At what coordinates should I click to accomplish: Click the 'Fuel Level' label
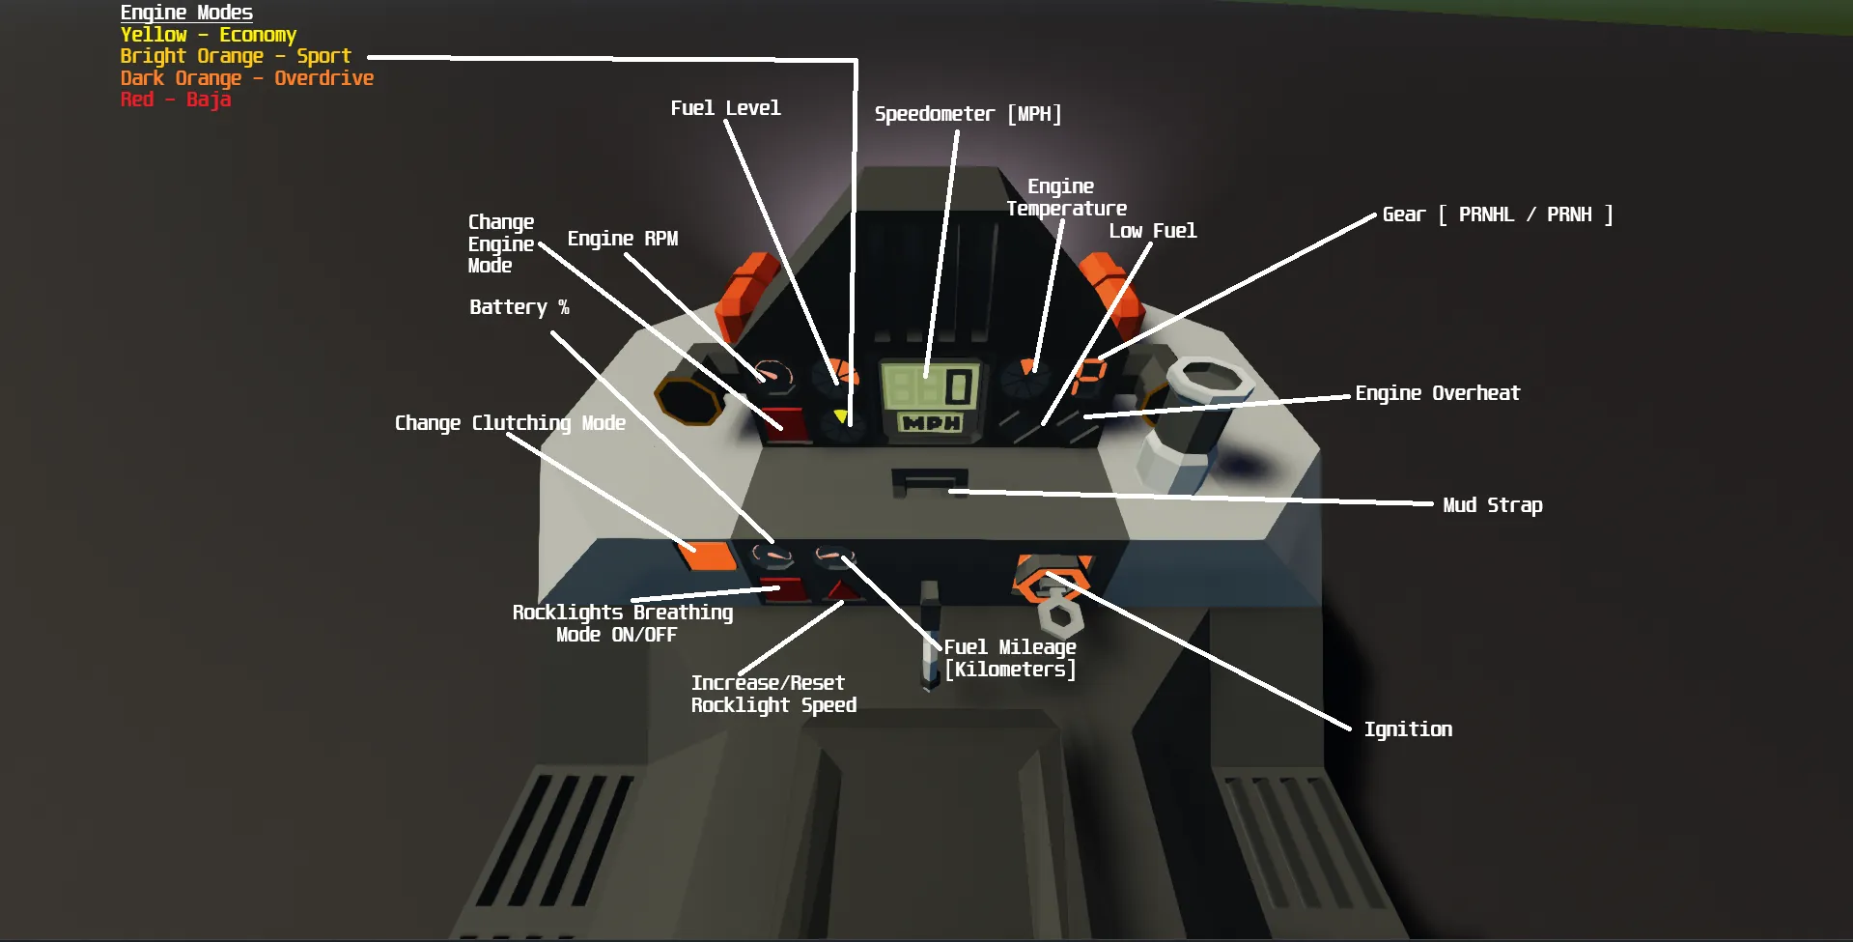click(x=725, y=108)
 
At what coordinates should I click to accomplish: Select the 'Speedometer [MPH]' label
click(x=968, y=114)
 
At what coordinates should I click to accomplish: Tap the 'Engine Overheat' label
click(x=1437, y=393)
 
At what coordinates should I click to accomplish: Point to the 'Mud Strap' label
click(x=1492, y=505)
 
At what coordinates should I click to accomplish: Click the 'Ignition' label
click(x=1407, y=729)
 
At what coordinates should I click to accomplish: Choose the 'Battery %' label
click(x=519, y=307)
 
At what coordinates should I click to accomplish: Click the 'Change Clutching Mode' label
click(x=510, y=423)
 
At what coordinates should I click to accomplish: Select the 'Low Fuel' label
click(x=1152, y=231)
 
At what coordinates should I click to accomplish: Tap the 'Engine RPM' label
click(x=622, y=239)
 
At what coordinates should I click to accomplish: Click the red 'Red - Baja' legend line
click(x=175, y=100)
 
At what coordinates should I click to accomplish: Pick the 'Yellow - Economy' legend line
click(x=208, y=35)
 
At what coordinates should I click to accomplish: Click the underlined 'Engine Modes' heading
click(x=186, y=13)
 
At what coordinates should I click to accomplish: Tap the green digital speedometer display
click(x=930, y=386)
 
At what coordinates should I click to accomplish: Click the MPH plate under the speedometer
click(x=931, y=423)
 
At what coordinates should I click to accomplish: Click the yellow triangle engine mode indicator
click(x=841, y=416)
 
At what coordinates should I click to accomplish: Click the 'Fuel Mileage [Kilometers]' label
click(x=1009, y=658)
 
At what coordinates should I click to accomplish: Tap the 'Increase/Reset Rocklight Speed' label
click(x=772, y=694)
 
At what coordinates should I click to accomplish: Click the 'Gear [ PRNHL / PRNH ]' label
click(x=1497, y=214)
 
